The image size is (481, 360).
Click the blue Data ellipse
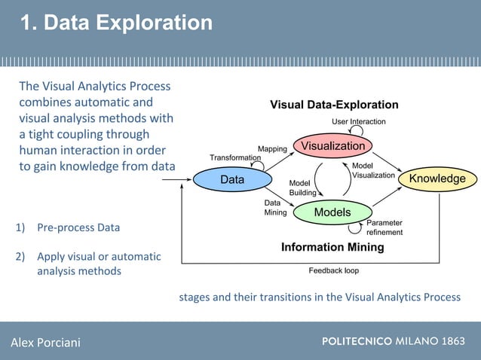[232, 179]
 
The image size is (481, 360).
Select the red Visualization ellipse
[333, 145]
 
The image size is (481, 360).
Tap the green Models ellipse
[332, 212]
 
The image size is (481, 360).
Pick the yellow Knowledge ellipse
[437, 179]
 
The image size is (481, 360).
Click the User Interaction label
[359, 121]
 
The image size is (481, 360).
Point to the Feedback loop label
[334, 270]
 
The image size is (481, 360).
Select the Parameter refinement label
[384, 227]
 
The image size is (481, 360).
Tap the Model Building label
[303, 188]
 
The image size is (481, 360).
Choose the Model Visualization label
[373, 170]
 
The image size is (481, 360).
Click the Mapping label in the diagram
[272, 149]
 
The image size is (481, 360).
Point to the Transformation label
[236, 157]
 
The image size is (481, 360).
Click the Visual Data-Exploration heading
[334, 105]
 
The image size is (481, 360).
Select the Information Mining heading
[332, 247]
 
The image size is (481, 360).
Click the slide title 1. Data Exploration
[116, 23]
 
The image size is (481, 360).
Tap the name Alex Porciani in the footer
[45, 343]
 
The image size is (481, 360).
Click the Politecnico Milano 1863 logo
[393, 341]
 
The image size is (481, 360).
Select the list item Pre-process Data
[78, 227]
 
